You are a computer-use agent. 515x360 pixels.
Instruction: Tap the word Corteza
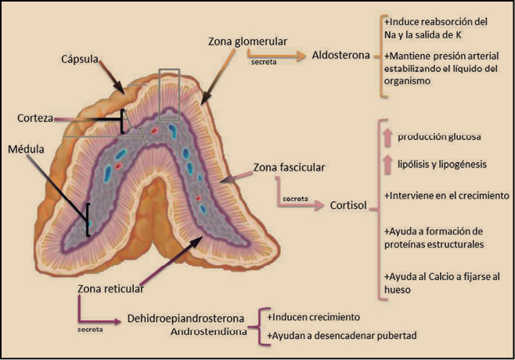click(x=35, y=117)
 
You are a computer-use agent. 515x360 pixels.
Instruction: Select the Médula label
click(x=28, y=149)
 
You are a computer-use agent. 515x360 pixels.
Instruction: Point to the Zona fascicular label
click(x=290, y=167)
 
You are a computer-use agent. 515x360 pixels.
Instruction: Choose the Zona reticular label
click(x=110, y=288)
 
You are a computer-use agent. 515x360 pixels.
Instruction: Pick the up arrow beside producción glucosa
click(x=386, y=137)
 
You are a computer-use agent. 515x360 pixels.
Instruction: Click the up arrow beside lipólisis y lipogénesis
click(x=386, y=164)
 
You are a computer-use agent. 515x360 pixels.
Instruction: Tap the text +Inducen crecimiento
click(x=313, y=318)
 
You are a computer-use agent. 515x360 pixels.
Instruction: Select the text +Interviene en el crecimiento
click(x=447, y=195)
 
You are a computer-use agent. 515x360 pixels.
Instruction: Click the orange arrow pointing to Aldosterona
click(x=278, y=55)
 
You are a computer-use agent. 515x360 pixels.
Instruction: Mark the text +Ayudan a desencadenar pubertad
click(x=340, y=336)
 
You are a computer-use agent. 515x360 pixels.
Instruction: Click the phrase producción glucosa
click(x=439, y=137)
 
